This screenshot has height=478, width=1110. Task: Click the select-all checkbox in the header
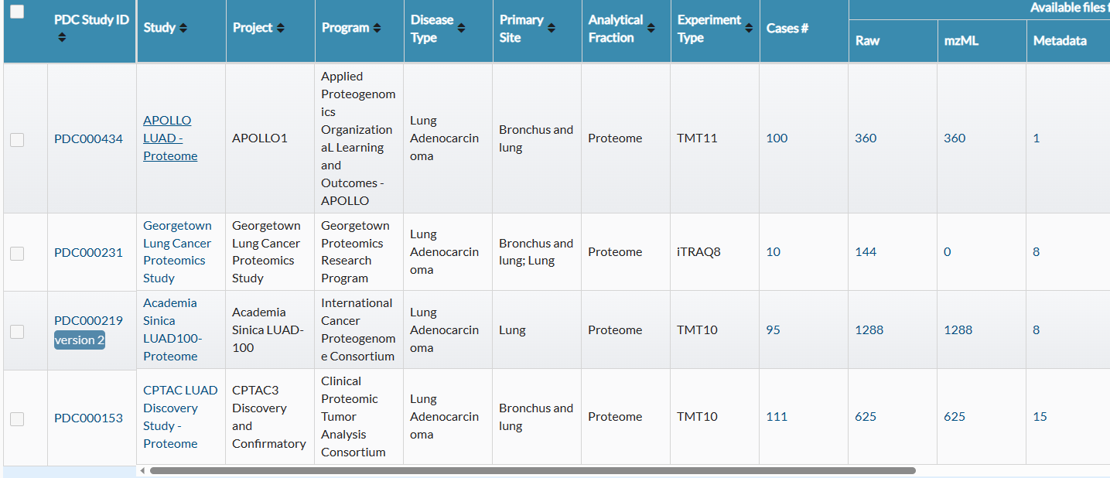[x=17, y=12]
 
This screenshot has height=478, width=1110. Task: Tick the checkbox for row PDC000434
[x=17, y=140]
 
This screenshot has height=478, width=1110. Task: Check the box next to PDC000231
[x=17, y=254]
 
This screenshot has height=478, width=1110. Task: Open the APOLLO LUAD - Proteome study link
[x=170, y=138]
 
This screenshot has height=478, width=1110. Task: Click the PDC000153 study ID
[x=88, y=418]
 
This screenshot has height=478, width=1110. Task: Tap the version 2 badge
[x=79, y=340]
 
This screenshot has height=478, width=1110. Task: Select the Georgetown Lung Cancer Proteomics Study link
[x=177, y=251]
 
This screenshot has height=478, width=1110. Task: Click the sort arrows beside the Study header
[x=183, y=28]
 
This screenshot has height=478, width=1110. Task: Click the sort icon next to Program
[x=377, y=28]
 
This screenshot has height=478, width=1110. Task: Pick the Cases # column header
[x=787, y=29]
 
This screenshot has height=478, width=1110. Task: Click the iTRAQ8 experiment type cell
[x=698, y=251]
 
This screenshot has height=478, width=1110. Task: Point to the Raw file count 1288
[x=869, y=330]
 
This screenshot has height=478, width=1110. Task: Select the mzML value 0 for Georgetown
[x=947, y=251]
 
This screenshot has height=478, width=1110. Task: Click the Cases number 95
[x=773, y=330]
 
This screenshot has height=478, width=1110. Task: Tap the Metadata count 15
[x=1040, y=417]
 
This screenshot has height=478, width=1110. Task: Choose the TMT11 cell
[x=697, y=138]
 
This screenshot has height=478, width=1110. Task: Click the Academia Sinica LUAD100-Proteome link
[x=172, y=329]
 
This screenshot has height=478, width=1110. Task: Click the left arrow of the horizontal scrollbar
[x=142, y=470]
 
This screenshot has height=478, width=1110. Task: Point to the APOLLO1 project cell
[x=260, y=138]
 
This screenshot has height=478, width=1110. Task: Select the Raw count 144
[x=866, y=251]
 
